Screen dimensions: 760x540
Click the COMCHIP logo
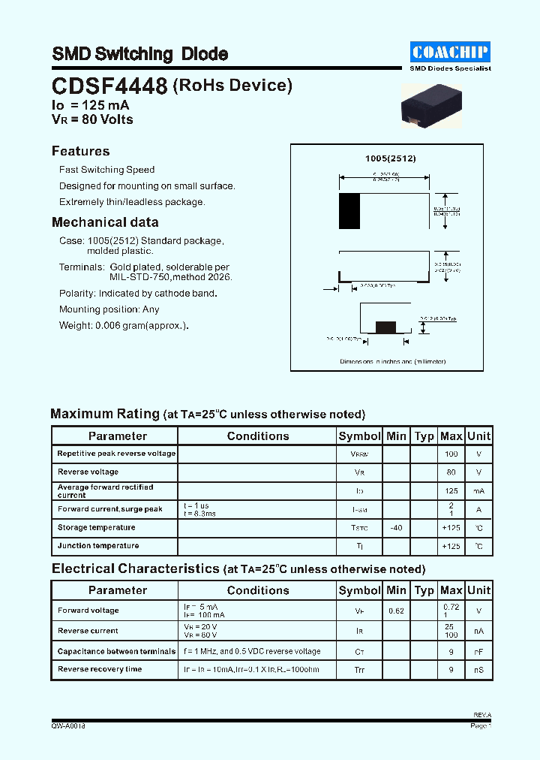(450, 52)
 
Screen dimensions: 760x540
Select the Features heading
(80, 151)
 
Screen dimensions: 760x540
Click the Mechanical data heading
(105, 222)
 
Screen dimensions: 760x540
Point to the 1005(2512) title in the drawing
(390, 158)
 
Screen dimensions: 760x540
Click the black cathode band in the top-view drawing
(349, 211)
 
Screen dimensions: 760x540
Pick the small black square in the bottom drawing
(385, 327)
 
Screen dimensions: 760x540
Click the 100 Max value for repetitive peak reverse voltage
(451, 454)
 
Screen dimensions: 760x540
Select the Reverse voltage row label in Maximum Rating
(88, 472)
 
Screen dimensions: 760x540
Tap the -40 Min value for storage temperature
(396, 528)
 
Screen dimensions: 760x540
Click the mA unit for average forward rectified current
(478, 491)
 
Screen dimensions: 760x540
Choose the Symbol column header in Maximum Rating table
(359, 436)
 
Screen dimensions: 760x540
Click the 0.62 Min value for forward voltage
(396, 611)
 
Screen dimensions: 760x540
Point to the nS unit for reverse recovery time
(478, 669)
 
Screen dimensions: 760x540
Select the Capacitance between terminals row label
(116, 651)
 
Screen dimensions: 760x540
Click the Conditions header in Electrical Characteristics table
(257, 591)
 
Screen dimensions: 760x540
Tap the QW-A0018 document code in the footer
(68, 726)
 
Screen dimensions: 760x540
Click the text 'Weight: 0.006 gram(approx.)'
(124, 325)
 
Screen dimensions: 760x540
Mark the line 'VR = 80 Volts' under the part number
(91, 120)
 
